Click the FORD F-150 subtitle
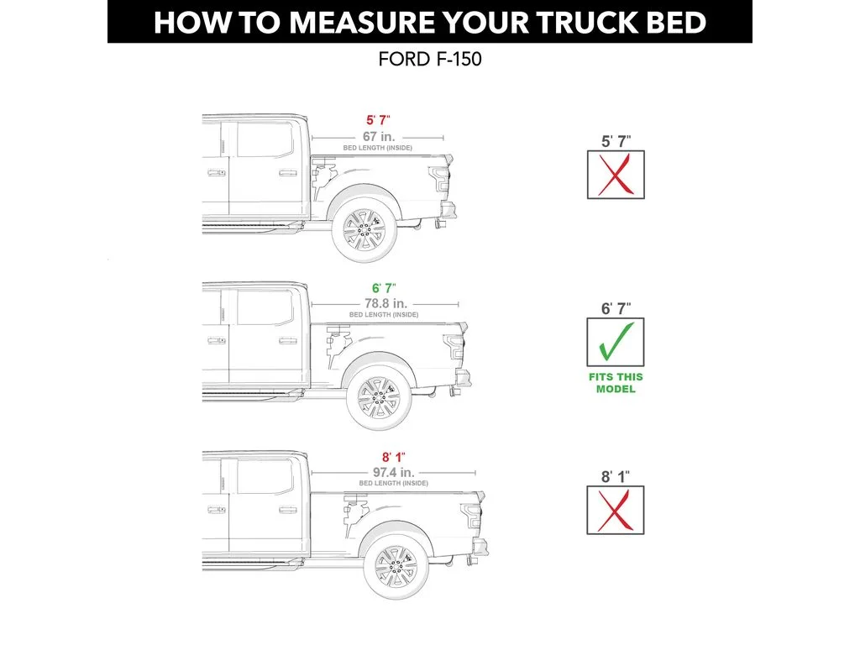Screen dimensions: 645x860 pos(429,60)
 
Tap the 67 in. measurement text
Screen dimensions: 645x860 pos(379,136)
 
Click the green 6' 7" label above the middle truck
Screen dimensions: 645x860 pos(384,288)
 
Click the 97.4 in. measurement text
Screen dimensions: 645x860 pos(393,472)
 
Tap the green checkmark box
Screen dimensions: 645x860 pos(616,343)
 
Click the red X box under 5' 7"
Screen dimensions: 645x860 pos(616,175)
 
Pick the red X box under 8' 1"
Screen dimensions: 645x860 pos(616,510)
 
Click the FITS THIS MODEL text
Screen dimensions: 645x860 pos(616,384)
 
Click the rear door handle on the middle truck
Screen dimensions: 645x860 pos(287,340)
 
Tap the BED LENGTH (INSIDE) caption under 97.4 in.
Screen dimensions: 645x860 pos(393,484)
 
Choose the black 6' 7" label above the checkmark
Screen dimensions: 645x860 pos(616,308)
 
